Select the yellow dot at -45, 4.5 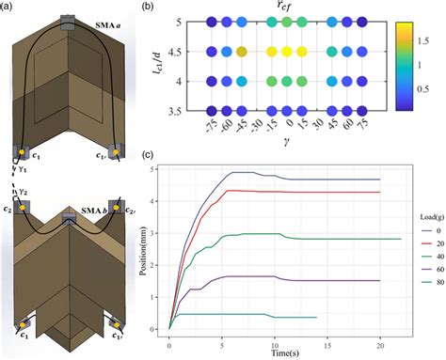pyautogui.click(x=241, y=52)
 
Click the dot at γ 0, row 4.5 pyautogui.click(x=288, y=52)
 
